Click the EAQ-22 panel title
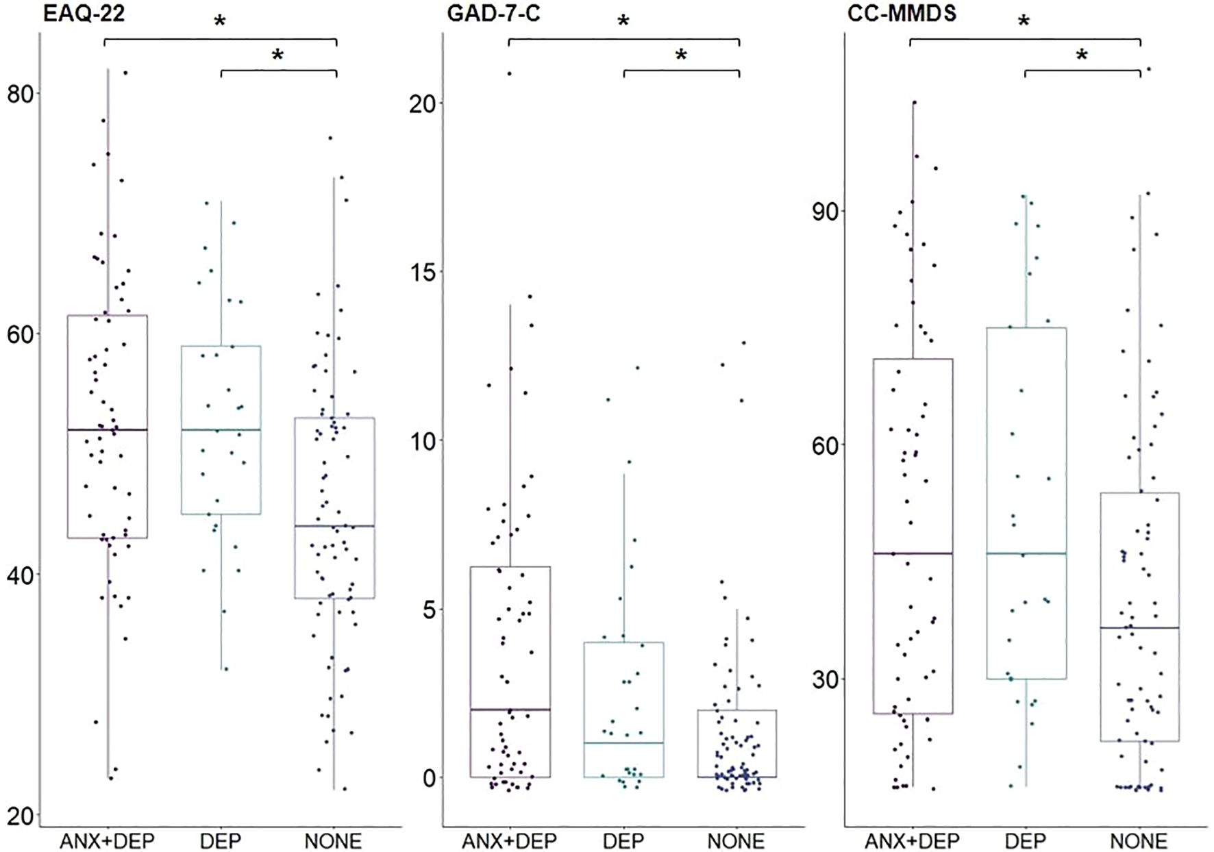click(x=84, y=13)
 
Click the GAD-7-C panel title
click(x=493, y=13)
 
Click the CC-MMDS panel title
click(x=902, y=13)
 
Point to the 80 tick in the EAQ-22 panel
click(x=21, y=94)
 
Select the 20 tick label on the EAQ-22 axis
click(x=21, y=816)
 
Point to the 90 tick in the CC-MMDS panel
click(x=826, y=212)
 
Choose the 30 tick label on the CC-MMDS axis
click(x=826, y=679)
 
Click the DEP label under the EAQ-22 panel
click(x=221, y=840)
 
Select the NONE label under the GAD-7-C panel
click(x=736, y=840)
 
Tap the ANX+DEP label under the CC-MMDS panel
click(x=912, y=840)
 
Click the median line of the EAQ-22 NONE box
click(x=334, y=526)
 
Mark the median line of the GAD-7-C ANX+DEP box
click(x=510, y=710)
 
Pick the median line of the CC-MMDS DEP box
click(x=1026, y=553)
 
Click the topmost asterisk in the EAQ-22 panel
click(x=220, y=22)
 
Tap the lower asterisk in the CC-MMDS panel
click(x=1081, y=55)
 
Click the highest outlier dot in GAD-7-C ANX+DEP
click(x=509, y=73)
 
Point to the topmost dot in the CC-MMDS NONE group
click(x=1149, y=69)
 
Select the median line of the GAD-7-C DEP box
click(x=624, y=743)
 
